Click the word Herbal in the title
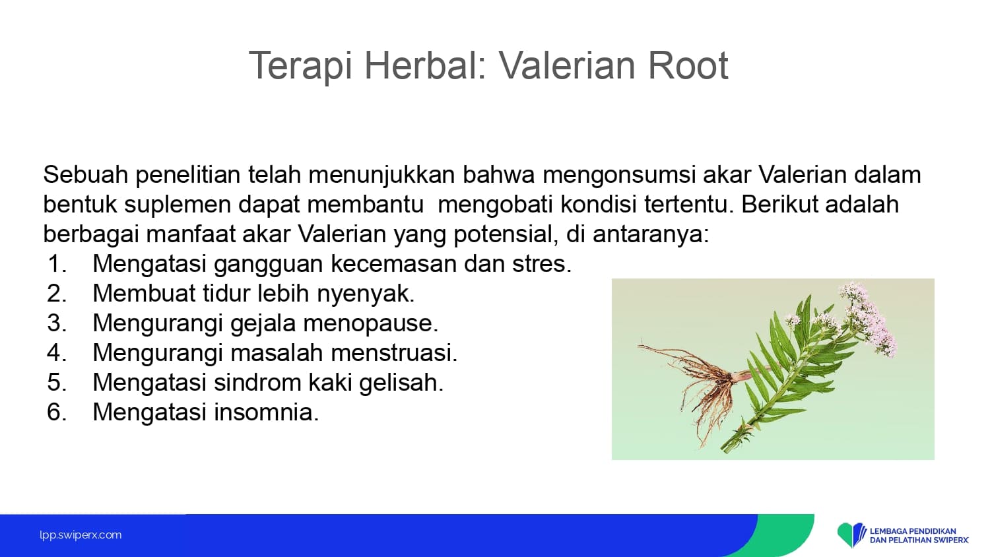tap(425, 65)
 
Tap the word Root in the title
tap(688, 65)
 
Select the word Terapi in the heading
tap(301, 66)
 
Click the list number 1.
tap(57, 264)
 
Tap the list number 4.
tap(57, 353)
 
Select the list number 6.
tap(57, 412)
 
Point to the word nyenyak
tap(366, 294)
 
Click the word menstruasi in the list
tap(394, 353)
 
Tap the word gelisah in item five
tap(401, 383)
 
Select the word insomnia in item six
tap(267, 412)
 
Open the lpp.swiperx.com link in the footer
tap(81, 535)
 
